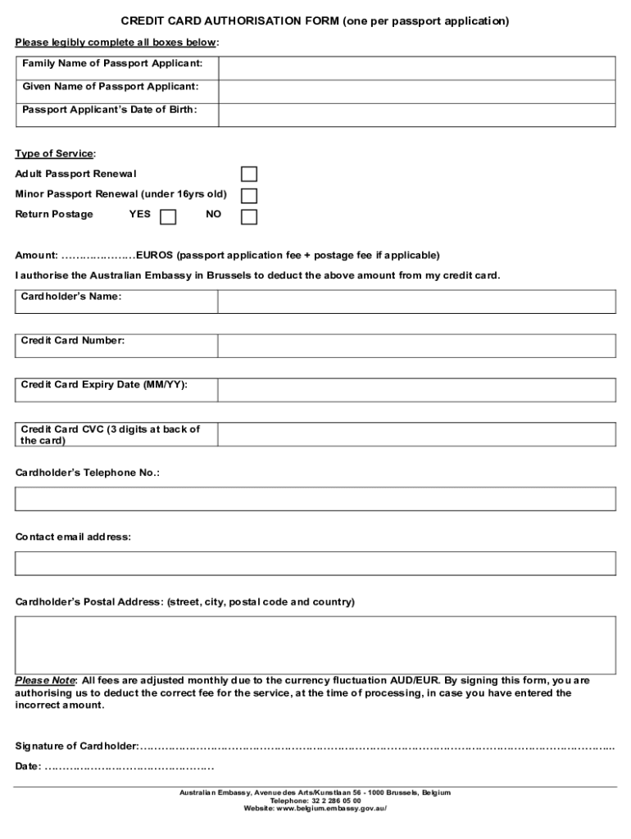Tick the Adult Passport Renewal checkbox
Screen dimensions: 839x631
tap(248, 175)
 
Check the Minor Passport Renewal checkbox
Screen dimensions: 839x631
tap(248, 196)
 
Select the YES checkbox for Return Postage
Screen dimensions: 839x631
tap(167, 216)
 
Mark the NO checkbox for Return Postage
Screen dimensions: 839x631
tap(248, 216)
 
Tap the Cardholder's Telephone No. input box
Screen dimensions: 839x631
tap(315, 498)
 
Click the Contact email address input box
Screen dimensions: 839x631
tap(315, 564)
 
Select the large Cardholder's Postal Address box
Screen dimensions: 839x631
tap(315, 644)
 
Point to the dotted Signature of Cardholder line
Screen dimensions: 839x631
tap(377, 746)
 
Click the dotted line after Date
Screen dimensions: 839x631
tap(129, 767)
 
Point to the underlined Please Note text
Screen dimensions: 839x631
tap(45, 681)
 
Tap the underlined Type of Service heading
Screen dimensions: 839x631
tap(55, 153)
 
